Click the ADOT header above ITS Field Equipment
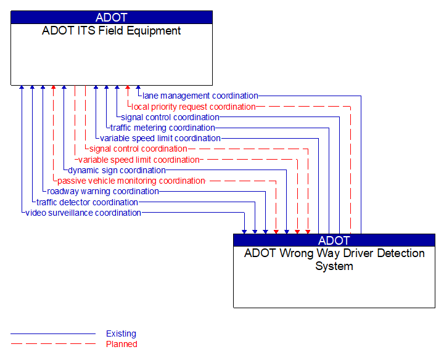coord(111,17)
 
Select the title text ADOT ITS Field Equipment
coord(111,31)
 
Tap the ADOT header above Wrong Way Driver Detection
coord(334,240)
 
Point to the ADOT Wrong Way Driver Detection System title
coord(334,260)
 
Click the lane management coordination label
coord(200,96)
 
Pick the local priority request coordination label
coord(194,107)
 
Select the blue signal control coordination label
coord(170,117)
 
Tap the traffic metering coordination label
coord(163,128)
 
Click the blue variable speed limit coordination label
coord(160,138)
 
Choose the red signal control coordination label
coord(138,149)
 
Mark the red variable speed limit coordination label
coord(139,160)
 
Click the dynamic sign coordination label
coord(117,170)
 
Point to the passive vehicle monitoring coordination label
coord(131,181)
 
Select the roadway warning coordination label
coord(103,191)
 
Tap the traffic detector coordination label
coord(87,202)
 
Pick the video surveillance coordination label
coord(83,213)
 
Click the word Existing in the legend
coord(121,333)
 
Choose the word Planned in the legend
coord(121,344)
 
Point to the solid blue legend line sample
coord(53,333)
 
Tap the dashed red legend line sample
coord(53,344)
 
